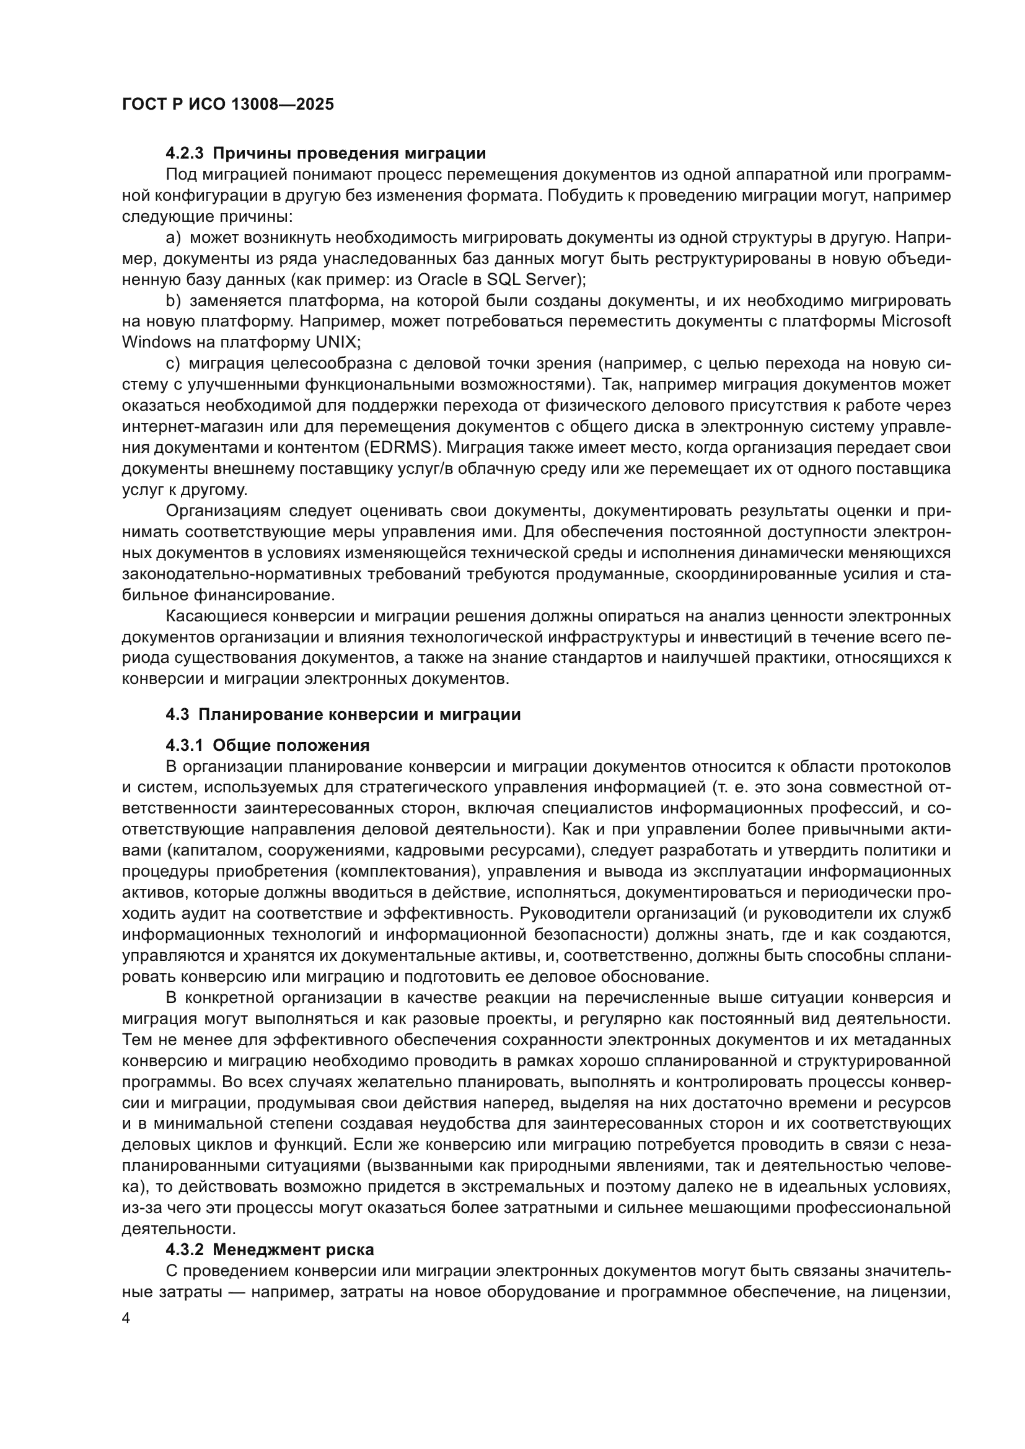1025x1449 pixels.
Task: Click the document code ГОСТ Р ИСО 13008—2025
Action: [228, 105]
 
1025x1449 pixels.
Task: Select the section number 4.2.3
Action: [185, 154]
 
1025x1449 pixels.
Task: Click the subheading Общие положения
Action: [291, 745]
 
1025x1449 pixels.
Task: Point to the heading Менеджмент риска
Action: [293, 1250]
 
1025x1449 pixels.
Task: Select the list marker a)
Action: [173, 238]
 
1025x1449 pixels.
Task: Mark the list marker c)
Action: [173, 364]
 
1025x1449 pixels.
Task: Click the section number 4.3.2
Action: [185, 1250]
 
